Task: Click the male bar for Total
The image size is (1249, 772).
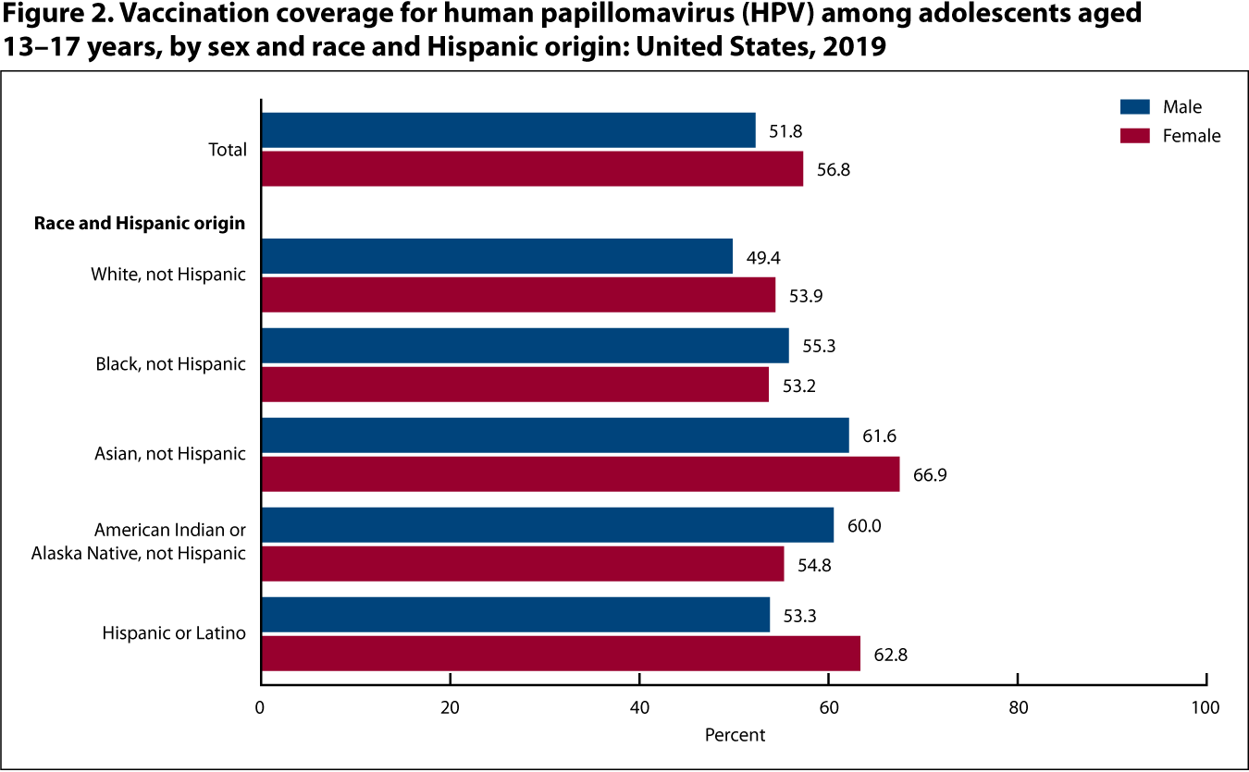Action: coord(508,130)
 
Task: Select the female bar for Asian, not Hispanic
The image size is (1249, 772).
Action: coord(580,474)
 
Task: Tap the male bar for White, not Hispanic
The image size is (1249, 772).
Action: coord(497,256)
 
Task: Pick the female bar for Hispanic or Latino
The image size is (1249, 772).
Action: coord(561,653)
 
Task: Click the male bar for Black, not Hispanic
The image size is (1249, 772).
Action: coord(525,346)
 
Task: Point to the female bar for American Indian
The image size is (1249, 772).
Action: coord(523,563)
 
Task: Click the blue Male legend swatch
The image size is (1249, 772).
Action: coord(1134,107)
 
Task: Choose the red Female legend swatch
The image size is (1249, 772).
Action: coord(1134,136)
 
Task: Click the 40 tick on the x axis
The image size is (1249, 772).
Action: coord(639,708)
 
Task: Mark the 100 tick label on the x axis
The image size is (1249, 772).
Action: coord(1206,708)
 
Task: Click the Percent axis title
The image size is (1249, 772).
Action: coord(735,736)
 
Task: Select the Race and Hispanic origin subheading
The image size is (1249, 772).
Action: coord(140,223)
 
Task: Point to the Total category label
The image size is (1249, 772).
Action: coord(229,150)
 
